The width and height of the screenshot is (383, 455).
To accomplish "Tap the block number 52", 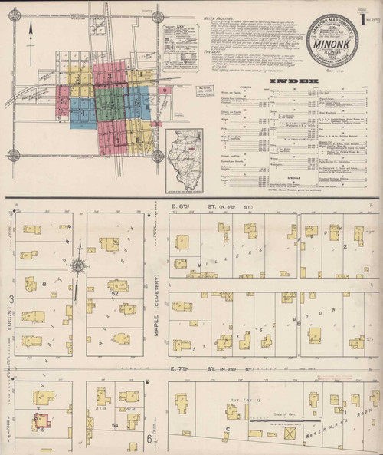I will coord(114,294).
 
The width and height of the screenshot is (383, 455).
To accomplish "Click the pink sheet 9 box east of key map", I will coord(165,91).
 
